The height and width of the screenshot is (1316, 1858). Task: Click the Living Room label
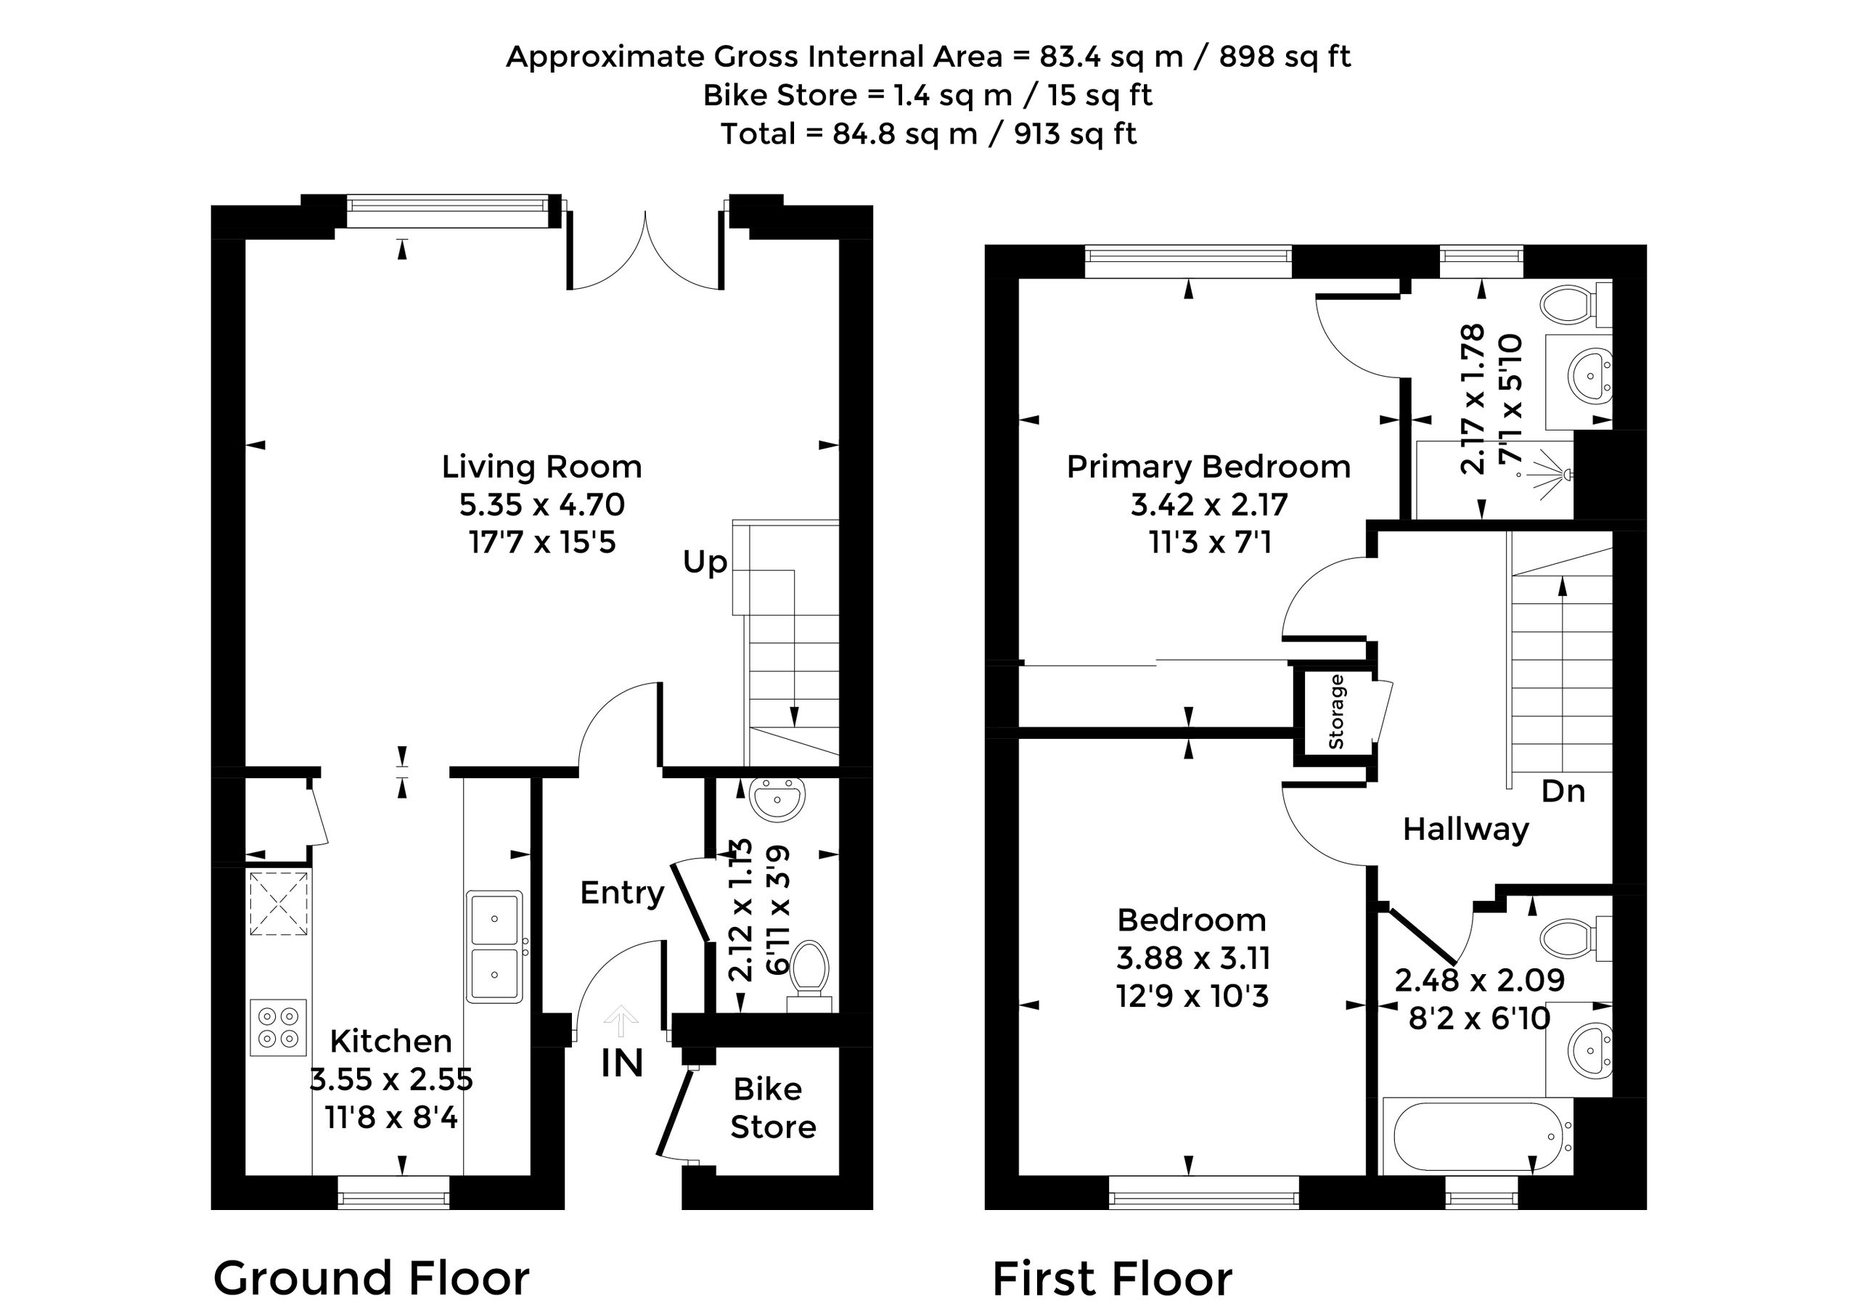541,467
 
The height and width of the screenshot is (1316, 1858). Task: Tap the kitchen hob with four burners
278,1028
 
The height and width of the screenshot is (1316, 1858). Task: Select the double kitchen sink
494,947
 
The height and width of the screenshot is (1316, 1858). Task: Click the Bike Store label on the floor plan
772,1108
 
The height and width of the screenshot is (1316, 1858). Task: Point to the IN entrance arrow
621,1021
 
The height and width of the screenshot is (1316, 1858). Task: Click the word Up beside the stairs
705,563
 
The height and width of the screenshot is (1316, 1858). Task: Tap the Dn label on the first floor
1563,791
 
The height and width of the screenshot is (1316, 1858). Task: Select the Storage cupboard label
1336,711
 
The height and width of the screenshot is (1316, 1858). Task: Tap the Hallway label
1466,830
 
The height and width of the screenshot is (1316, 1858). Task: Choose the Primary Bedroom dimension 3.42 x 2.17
1209,505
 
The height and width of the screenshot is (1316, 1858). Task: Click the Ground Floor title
371,1279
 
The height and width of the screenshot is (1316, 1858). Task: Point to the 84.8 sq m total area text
904,134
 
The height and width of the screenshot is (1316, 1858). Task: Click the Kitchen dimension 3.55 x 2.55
391,1079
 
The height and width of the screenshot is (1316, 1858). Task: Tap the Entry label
621,893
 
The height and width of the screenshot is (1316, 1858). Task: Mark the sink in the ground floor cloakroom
778,798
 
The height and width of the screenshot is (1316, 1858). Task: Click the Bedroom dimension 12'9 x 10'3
1192,996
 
